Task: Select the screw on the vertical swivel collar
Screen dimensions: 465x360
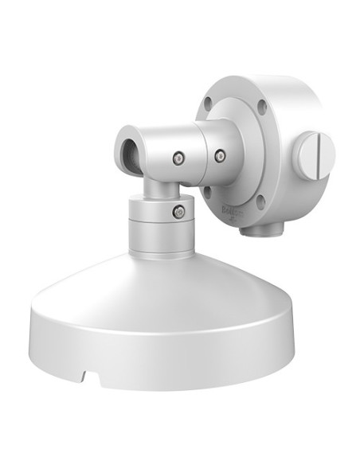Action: tap(179, 212)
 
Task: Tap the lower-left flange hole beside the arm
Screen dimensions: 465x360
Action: tap(207, 192)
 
